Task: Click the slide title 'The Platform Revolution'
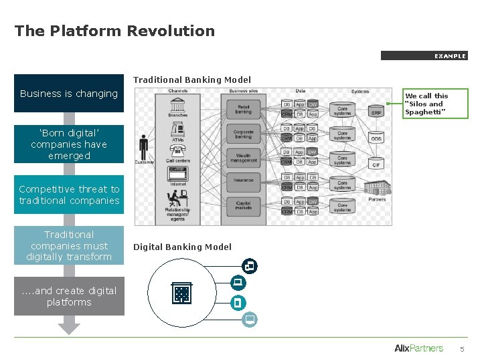114,31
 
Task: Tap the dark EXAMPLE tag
424,56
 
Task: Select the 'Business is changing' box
69,94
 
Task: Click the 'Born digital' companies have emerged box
69,144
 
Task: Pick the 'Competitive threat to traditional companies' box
69,195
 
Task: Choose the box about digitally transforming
69,245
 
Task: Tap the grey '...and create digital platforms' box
69,296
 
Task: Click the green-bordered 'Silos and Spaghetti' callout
436,104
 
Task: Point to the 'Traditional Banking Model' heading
192,80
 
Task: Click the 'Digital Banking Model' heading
182,247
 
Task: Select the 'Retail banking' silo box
243,108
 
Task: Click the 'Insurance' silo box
243,180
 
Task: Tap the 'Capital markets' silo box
243,205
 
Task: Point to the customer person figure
143,147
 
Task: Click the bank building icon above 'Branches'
178,106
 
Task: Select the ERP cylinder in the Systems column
377,111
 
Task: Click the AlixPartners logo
418,348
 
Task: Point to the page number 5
461,349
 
